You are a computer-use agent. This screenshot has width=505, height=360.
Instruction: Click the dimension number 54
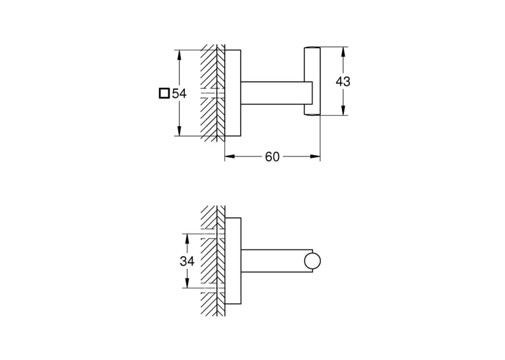click(179, 93)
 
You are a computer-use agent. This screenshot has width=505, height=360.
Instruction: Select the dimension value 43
click(343, 81)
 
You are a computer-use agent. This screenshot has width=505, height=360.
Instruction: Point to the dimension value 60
click(272, 157)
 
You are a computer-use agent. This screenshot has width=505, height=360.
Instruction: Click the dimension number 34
click(187, 261)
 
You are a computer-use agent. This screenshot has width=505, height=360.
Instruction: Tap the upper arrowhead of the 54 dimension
click(180, 55)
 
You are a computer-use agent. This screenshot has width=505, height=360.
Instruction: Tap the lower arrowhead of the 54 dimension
click(180, 131)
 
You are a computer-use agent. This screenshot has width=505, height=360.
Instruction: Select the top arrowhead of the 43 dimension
click(344, 52)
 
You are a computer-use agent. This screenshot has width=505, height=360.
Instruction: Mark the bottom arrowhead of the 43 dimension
click(344, 110)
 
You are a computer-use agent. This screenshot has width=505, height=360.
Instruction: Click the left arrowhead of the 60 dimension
click(230, 157)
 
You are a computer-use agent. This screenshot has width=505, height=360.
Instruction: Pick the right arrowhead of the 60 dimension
click(315, 157)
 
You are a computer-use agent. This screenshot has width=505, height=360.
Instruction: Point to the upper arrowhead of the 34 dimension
click(187, 239)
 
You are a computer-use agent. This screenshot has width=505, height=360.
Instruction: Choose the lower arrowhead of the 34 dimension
click(187, 283)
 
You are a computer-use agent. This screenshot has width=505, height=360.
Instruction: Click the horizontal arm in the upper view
click(277, 93)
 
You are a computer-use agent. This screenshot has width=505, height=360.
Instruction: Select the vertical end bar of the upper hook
click(312, 81)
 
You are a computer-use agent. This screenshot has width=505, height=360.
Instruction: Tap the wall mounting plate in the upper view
click(232, 93)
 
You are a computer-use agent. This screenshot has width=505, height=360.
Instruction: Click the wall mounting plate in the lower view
click(232, 261)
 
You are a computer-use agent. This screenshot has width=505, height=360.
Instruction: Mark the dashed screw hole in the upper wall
click(213, 93)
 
